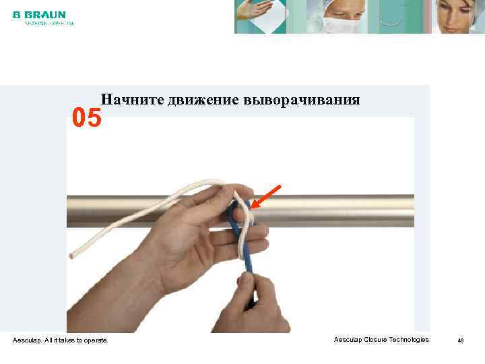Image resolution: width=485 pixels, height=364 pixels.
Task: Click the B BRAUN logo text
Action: click(x=39, y=14)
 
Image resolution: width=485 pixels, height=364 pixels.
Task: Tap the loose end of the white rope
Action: click(x=72, y=255)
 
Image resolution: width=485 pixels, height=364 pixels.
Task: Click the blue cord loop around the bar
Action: click(x=234, y=214)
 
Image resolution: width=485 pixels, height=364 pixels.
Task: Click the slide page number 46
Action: click(x=461, y=340)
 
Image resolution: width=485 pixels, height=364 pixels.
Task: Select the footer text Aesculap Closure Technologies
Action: click(x=381, y=340)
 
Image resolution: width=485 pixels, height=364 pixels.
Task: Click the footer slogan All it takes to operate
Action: click(x=61, y=340)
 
